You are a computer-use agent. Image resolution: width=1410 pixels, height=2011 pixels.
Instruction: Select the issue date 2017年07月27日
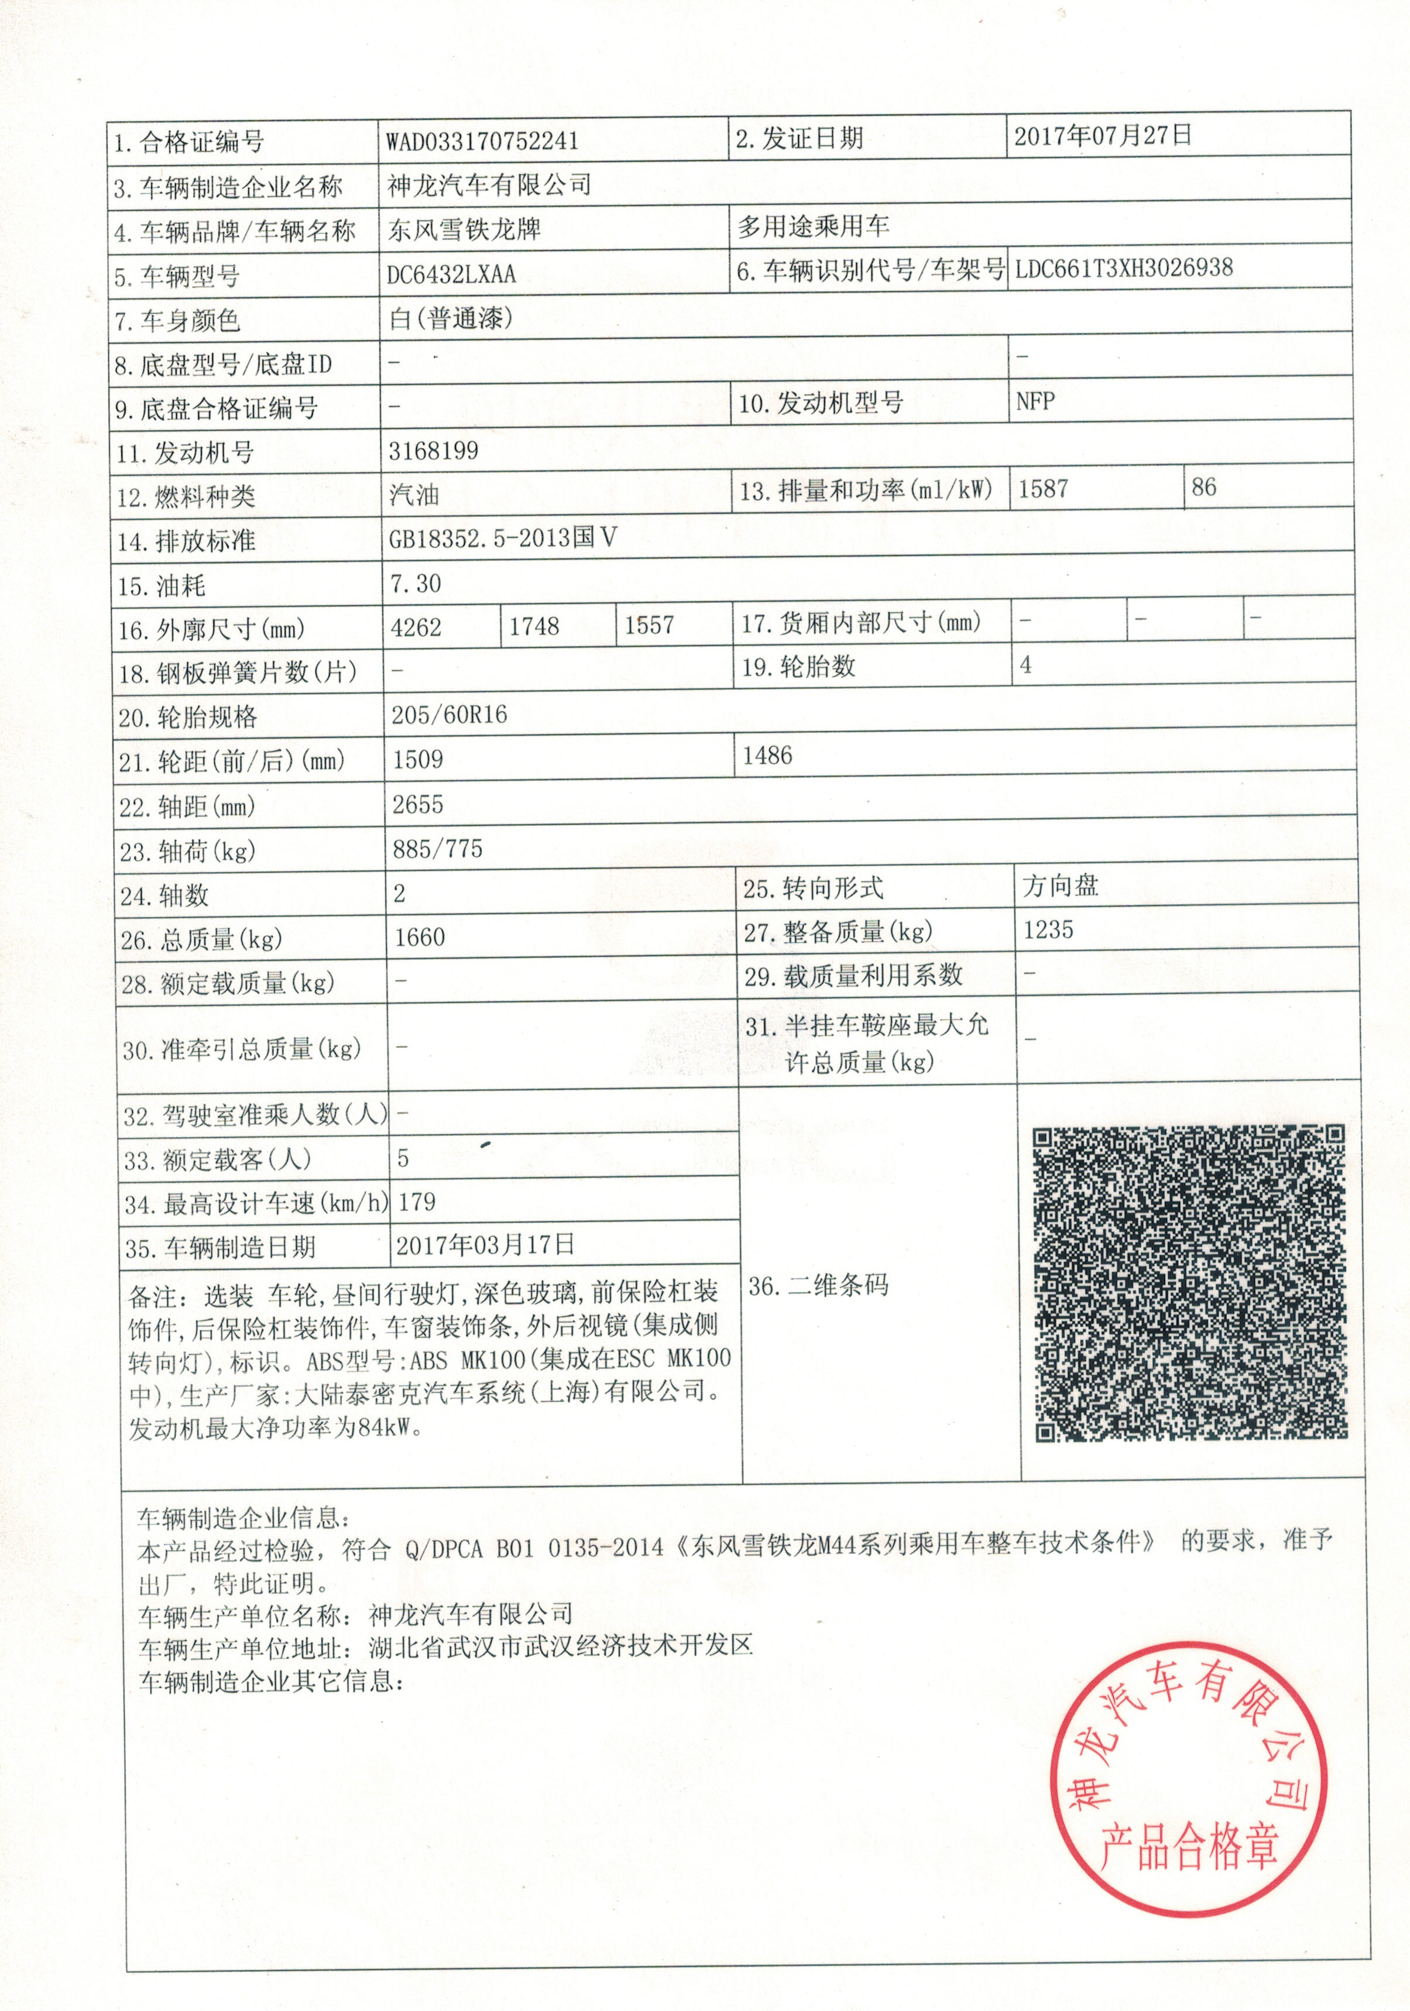pos(1103,136)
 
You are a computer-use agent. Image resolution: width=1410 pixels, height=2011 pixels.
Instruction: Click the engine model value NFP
pos(1035,402)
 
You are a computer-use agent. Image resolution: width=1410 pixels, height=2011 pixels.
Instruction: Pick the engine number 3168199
pos(434,451)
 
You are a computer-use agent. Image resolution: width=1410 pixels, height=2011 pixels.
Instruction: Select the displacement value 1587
pos(1042,489)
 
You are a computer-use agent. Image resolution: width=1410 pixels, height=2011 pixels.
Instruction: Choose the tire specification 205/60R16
pos(450,715)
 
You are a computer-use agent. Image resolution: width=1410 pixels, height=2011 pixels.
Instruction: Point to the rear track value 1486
pos(767,756)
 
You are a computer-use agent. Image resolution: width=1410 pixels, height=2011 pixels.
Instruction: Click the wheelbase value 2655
pos(418,804)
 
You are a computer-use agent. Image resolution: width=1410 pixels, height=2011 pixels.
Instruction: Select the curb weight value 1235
pos(1048,929)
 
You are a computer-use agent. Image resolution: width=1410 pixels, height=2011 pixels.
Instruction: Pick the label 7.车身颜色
pos(178,321)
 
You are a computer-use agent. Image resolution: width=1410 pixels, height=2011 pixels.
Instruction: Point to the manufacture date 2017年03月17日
pos(485,1245)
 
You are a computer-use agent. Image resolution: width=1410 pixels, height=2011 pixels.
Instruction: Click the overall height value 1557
pos(649,626)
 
